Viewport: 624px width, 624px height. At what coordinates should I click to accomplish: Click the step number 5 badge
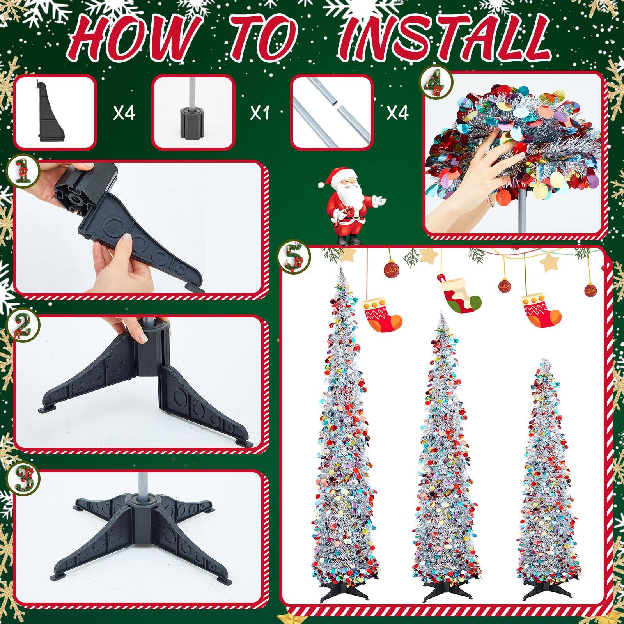click(x=294, y=258)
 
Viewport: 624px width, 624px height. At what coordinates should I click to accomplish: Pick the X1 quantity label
click(x=261, y=113)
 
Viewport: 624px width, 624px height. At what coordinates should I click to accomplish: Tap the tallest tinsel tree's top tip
click(x=340, y=268)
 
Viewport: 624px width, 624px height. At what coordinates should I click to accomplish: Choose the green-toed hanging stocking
click(x=460, y=296)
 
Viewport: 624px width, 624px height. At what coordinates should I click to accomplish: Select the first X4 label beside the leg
click(x=124, y=113)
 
